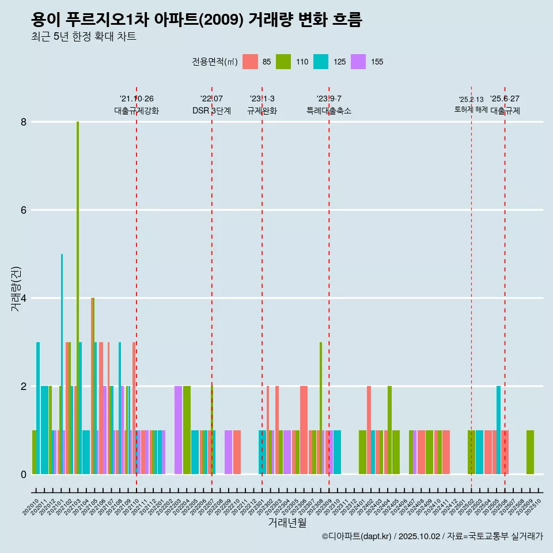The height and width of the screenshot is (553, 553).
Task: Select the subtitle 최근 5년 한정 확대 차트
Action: coord(84,37)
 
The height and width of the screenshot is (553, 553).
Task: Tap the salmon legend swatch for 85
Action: coord(250,62)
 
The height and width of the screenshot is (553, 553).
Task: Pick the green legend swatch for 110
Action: coord(283,62)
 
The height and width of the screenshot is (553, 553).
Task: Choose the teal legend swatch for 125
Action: coord(321,62)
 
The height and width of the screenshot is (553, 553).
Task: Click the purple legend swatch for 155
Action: coord(358,62)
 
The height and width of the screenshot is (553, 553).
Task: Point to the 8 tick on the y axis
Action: coord(24,122)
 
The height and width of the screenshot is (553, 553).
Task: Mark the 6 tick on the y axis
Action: coord(24,210)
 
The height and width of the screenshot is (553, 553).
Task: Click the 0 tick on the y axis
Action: coord(24,475)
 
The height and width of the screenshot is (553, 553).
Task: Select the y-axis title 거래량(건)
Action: coord(16,289)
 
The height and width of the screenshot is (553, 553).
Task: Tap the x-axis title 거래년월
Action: coord(287,523)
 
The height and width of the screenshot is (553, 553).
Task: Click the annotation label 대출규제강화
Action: coord(137,111)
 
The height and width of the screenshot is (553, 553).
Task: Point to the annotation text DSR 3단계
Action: coord(211,111)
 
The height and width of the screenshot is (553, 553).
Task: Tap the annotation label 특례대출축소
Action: coord(328,111)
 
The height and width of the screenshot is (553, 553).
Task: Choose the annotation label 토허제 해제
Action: coord(471,109)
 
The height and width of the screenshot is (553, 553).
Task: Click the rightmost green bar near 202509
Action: coord(530,452)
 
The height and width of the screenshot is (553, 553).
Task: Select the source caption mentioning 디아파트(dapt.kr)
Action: coord(432,536)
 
